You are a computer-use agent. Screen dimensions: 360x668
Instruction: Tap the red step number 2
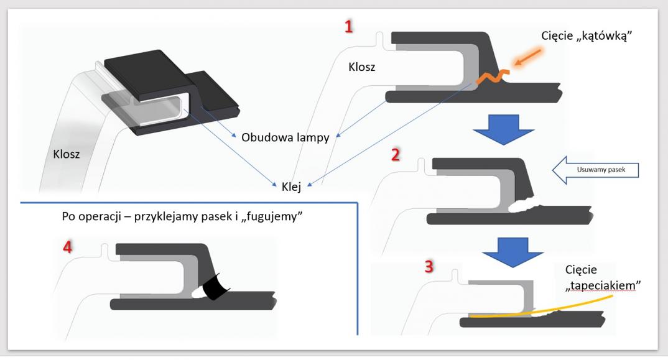(396, 154)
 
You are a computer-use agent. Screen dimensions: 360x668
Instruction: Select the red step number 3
(429, 266)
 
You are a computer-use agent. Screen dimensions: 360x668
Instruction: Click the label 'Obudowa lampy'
(285, 137)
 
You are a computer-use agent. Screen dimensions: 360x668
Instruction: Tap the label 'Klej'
(291, 187)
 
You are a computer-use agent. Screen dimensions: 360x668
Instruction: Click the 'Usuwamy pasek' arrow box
(597, 169)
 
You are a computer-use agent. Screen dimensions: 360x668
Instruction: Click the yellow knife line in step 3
(560, 307)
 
